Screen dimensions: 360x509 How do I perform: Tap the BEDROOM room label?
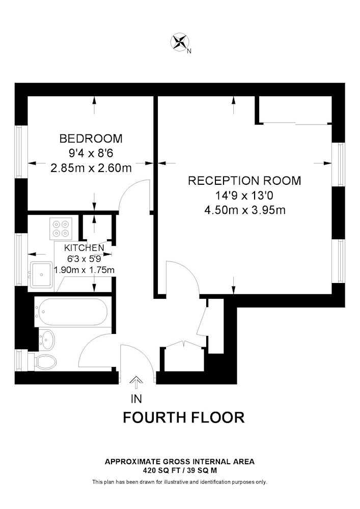(91, 138)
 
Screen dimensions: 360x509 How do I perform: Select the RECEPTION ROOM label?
(244, 181)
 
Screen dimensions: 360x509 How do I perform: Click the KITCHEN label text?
(84, 248)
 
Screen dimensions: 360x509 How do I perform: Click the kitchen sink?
(41, 275)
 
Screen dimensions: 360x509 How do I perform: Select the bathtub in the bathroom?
(71, 312)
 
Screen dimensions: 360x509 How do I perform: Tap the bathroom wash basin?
(46, 340)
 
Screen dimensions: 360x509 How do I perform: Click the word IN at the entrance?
(136, 399)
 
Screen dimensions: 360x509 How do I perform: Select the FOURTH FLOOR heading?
(183, 417)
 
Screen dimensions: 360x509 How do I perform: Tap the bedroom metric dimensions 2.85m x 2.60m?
(91, 168)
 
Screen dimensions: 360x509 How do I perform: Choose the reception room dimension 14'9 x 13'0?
(245, 195)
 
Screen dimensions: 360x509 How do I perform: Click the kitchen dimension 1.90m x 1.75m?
(84, 270)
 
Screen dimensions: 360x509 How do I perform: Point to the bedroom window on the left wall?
(21, 152)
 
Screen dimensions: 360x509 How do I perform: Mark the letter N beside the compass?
(189, 51)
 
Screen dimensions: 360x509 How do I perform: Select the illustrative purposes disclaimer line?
(180, 482)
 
